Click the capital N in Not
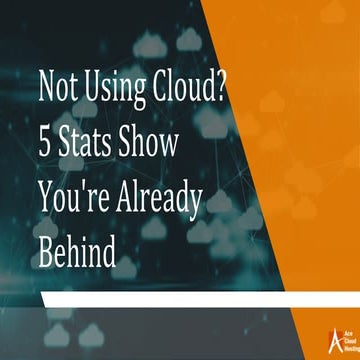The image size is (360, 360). pos(47,90)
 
